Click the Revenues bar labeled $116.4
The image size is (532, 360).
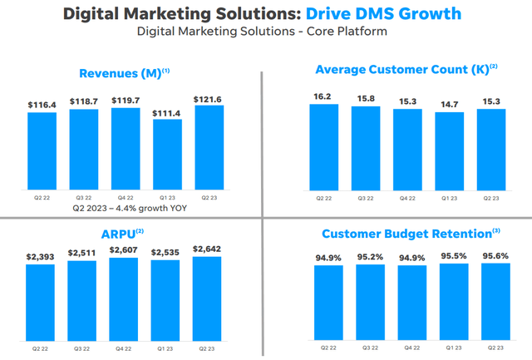(x=42, y=150)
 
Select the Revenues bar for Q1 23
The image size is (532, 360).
(x=167, y=153)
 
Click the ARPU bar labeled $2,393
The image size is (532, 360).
(x=42, y=304)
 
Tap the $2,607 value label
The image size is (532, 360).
(x=126, y=249)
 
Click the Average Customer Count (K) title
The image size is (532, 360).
(x=401, y=69)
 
